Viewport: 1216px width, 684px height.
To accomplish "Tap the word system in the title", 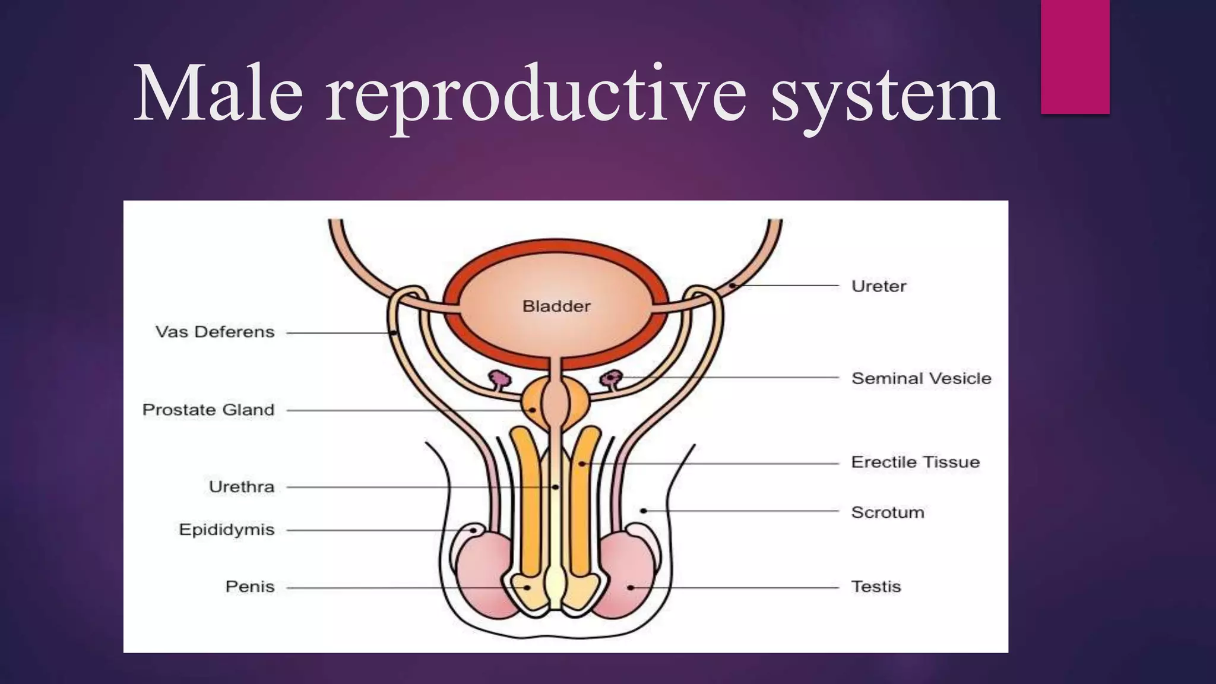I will [885, 95].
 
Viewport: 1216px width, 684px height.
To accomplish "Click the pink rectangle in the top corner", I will [1075, 56].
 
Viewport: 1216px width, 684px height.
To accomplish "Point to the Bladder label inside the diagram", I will [556, 306].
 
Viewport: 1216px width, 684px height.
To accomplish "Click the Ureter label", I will [879, 286].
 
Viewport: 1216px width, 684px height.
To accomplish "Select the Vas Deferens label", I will [215, 332].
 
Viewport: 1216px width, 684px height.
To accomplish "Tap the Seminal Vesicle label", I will [921, 378].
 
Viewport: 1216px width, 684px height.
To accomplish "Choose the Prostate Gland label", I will [208, 410].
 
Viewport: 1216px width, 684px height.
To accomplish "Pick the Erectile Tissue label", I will [915, 462].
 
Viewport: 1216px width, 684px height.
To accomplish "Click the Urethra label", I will [242, 487].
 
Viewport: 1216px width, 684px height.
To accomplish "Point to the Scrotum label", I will [888, 512].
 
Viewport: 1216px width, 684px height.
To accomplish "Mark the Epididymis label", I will [227, 530].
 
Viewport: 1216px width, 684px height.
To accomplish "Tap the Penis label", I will [250, 587].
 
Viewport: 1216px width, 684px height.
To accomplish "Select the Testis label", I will [876, 587].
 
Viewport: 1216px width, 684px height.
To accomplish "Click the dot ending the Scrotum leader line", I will [644, 511].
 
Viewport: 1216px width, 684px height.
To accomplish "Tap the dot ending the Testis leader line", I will [631, 588].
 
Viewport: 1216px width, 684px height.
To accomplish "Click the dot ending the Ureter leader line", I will [733, 286].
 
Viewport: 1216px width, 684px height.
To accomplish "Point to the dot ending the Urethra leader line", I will [555, 487].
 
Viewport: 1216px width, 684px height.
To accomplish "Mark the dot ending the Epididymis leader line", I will [474, 530].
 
